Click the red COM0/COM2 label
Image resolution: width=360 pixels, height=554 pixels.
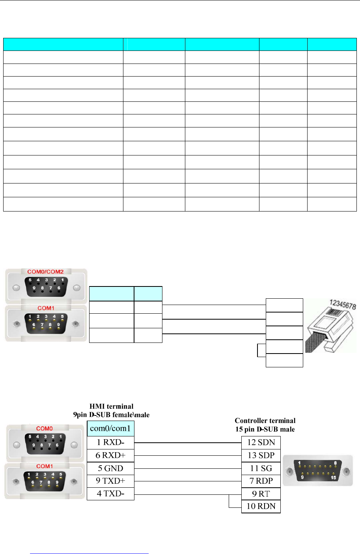pos(45,271)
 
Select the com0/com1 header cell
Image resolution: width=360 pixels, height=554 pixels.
pos(110,429)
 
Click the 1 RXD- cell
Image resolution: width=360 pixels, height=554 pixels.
pos(110,442)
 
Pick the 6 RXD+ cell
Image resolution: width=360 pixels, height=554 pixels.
pos(110,455)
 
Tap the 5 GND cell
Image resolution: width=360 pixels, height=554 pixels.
pos(110,468)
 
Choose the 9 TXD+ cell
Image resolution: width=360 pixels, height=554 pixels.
pos(110,481)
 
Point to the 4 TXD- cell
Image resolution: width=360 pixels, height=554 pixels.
pos(110,494)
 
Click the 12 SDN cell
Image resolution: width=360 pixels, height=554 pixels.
pos(261,442)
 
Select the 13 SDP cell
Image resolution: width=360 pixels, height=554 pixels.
pos(261,455)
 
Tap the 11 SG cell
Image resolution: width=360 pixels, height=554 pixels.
pos(261,468)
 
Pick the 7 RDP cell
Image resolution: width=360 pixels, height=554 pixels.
pos(261,481)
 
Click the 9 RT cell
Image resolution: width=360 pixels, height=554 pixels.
pos(261,494)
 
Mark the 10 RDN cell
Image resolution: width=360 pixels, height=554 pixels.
pos(261,506)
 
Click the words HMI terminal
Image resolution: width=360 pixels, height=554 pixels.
pos(111,406)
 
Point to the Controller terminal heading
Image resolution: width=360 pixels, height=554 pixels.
pos(265,421)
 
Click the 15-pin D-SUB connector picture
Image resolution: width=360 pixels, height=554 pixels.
pos(318,471)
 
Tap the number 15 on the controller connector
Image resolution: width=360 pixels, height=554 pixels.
pos(333,477)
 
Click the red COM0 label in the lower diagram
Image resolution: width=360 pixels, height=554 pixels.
pos(44,429)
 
